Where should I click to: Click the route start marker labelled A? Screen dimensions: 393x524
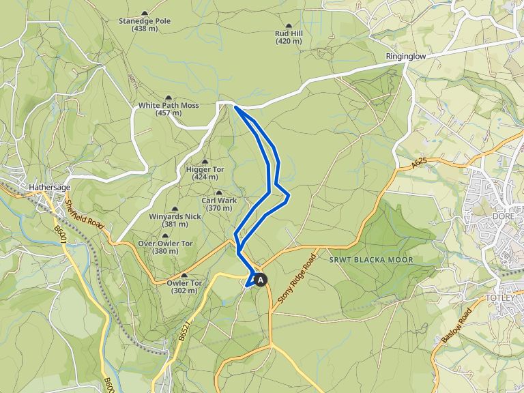tap(259, 279)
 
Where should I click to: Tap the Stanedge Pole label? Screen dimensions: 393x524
tap(145, 21)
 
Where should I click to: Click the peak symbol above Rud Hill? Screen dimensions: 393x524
tap(289, 24)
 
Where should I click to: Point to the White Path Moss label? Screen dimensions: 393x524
tap(168, 106)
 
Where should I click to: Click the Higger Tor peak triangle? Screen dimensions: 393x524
tap(205, 162)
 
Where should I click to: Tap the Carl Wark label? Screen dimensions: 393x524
tap(218, 201)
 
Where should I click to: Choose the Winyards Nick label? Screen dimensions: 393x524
tap(175, 217)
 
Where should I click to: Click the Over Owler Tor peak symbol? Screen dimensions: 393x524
tap(165, 235)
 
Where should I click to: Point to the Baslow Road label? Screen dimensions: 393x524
tap(456, 327)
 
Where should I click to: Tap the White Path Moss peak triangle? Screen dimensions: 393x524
tap(169, 98)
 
